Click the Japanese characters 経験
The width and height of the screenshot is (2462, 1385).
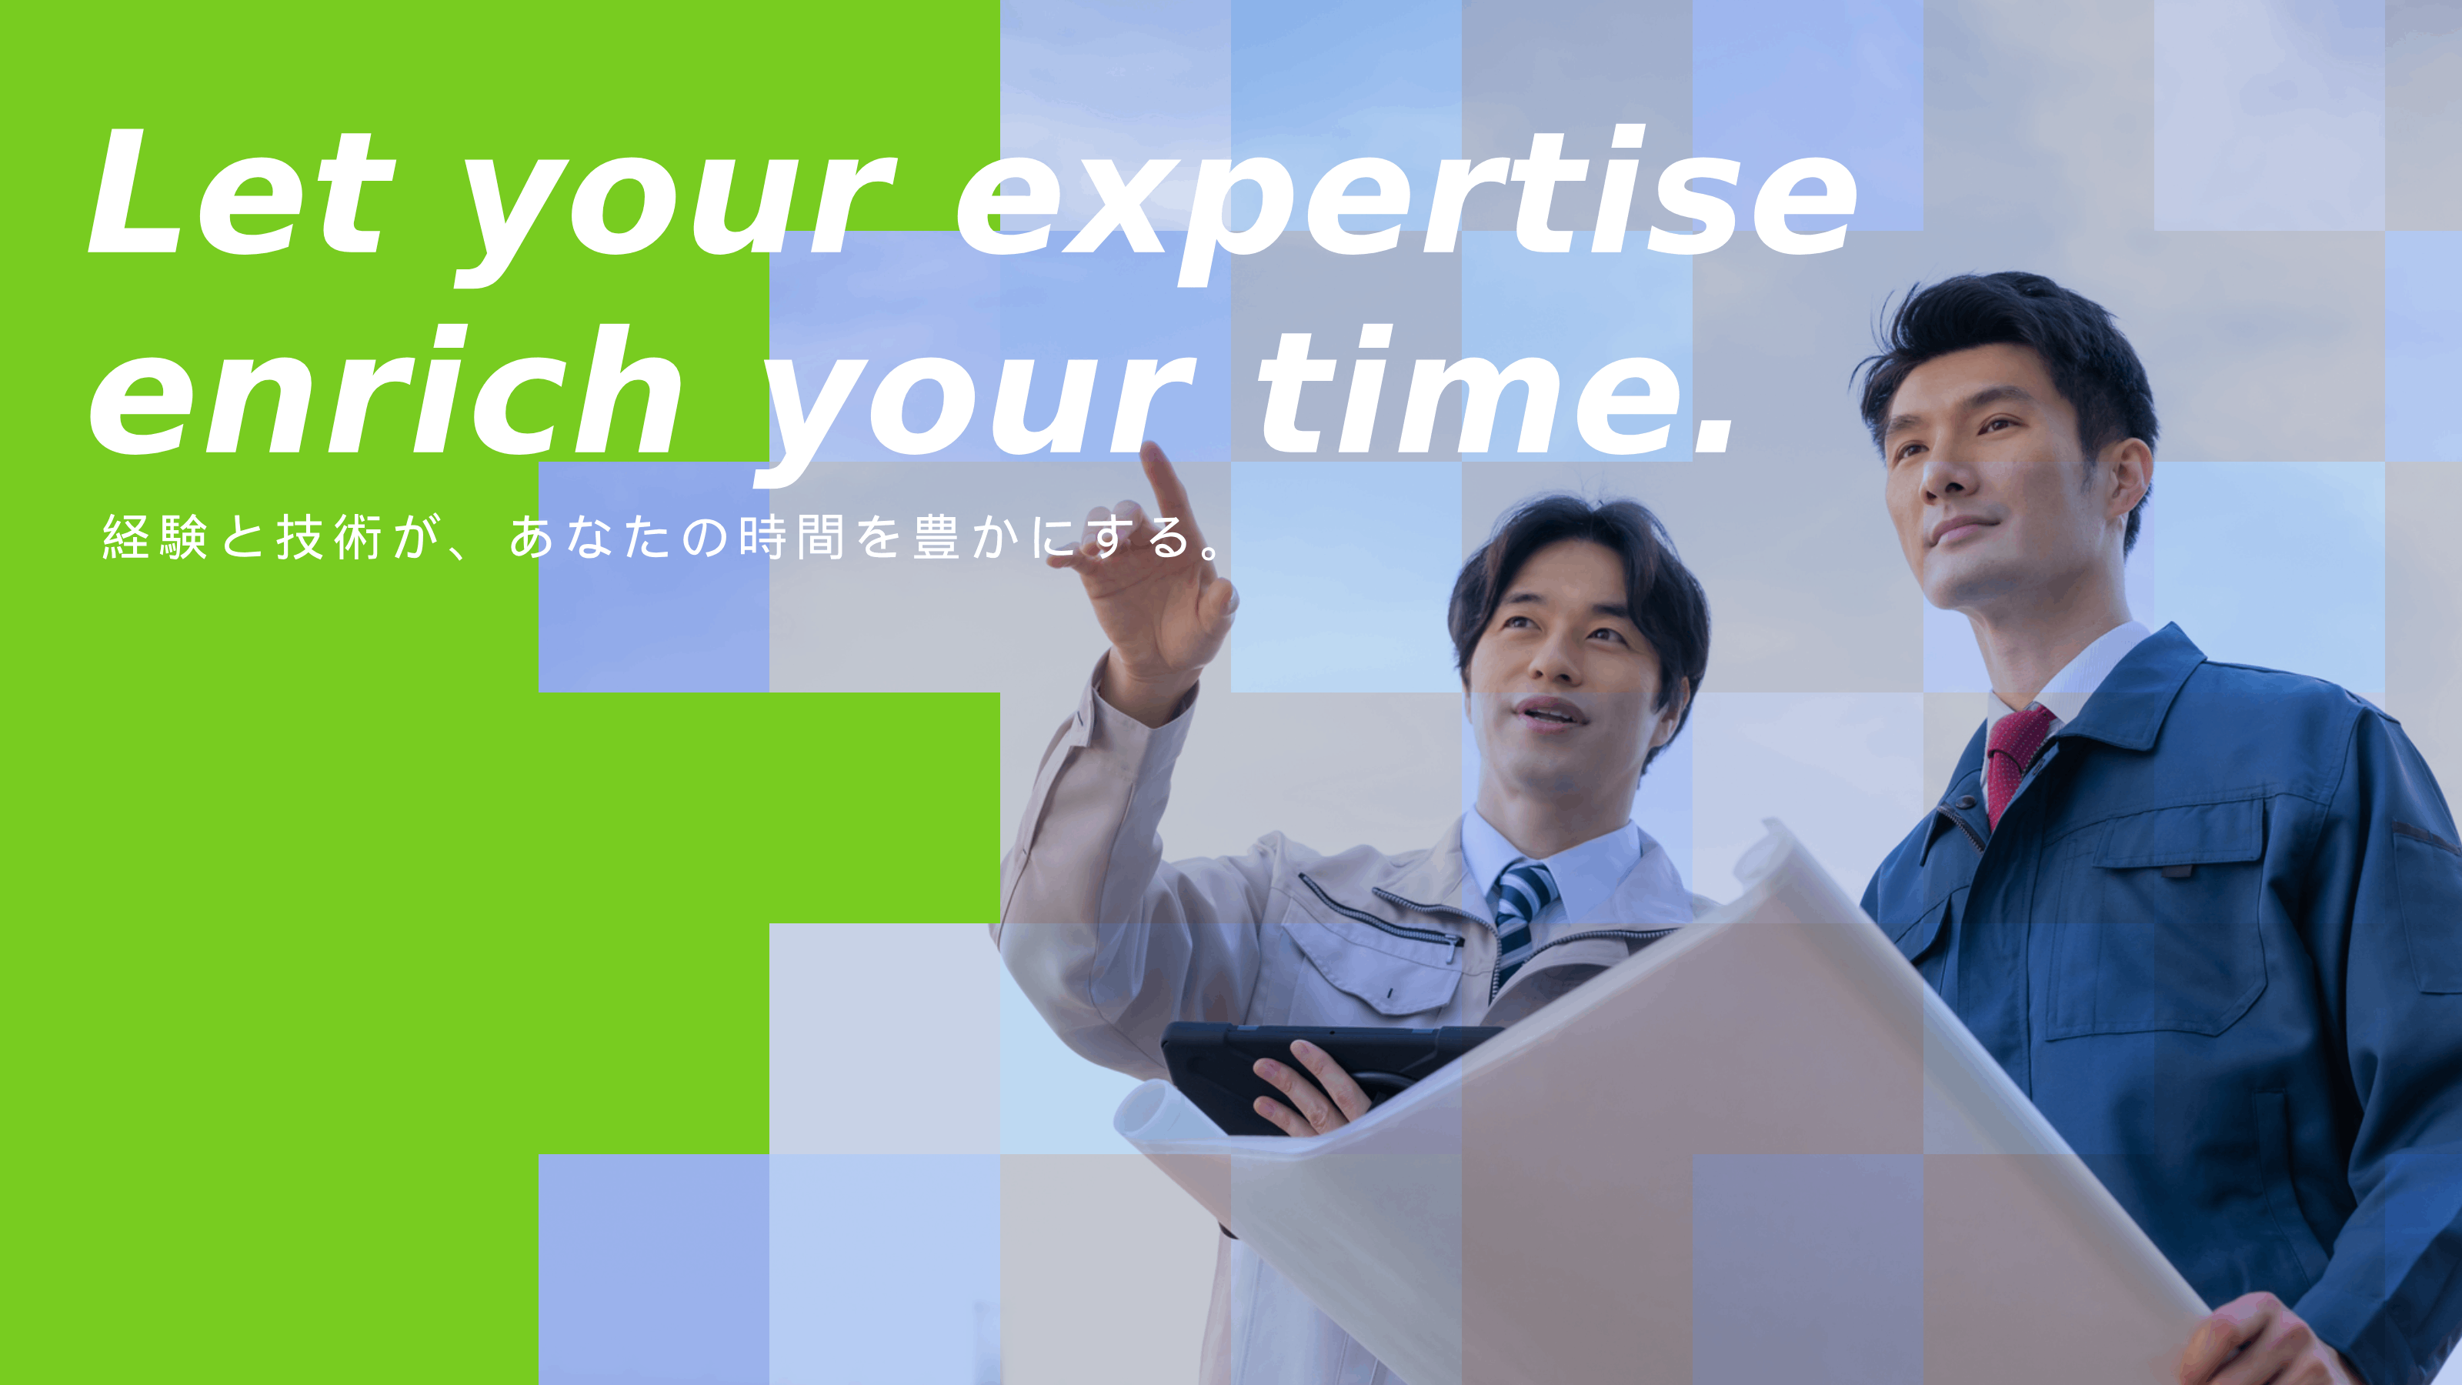[x=155, y=536]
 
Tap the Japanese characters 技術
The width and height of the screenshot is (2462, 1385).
[x=330, y=536]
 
